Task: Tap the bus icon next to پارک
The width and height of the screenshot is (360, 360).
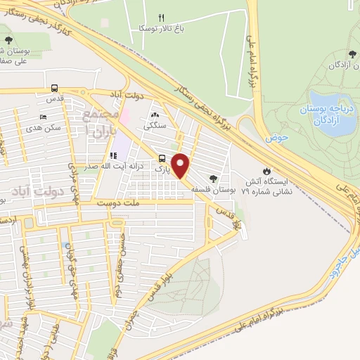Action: [x=162, y=158]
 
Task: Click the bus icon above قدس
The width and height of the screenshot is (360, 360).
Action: [x=55, y=89]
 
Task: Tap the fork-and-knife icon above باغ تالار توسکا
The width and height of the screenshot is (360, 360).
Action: [x=161, y=18]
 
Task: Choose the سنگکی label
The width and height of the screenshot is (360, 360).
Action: [x=155, y=127]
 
